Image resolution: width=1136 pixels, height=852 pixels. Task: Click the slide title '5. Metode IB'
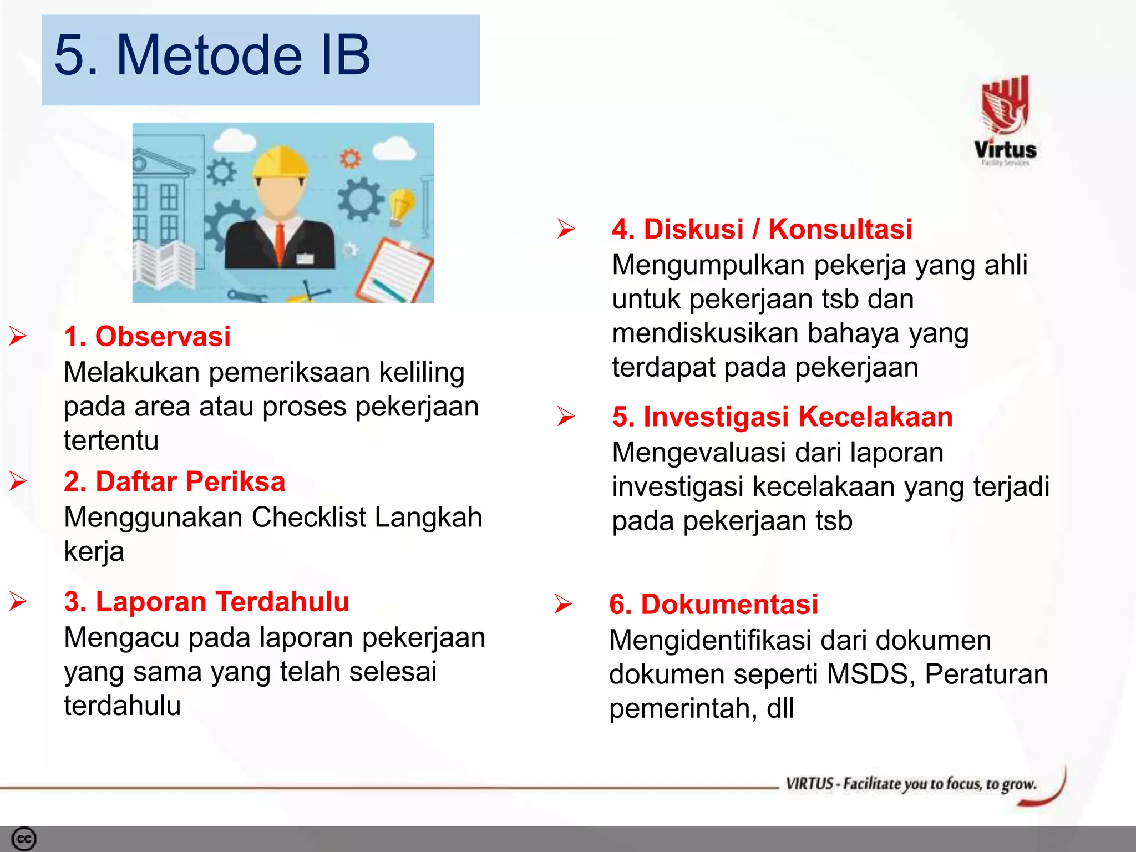click(x=212, y=55)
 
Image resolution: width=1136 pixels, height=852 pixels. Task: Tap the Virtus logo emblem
click(x=1005, y=104)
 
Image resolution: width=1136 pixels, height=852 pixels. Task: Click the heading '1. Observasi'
click(x=147, y=336)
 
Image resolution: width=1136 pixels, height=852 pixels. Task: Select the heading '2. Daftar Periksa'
click(x=174, y=481)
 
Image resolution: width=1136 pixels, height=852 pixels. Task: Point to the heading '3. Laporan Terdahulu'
click(x=206, y=601)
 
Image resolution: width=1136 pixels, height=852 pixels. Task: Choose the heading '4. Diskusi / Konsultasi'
click(x=762, y=229)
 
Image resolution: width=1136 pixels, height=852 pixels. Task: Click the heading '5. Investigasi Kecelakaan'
click(x=782, y=417)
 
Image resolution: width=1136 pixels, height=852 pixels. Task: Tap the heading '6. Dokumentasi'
click(x=713, y=604)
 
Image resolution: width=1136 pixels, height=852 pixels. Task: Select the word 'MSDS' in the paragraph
click(x=870, y=674)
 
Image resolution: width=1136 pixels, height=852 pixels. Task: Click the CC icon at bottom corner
click(x=23, y=839)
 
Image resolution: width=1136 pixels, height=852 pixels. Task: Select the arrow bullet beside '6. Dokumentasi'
click(x=563, y=604)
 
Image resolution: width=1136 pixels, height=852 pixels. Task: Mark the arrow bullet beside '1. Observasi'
click(x=18, y=336)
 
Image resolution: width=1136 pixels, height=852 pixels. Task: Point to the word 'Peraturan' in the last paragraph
click(x=986, y=674)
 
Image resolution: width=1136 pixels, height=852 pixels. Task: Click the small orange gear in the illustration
click(x=350, y=159)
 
